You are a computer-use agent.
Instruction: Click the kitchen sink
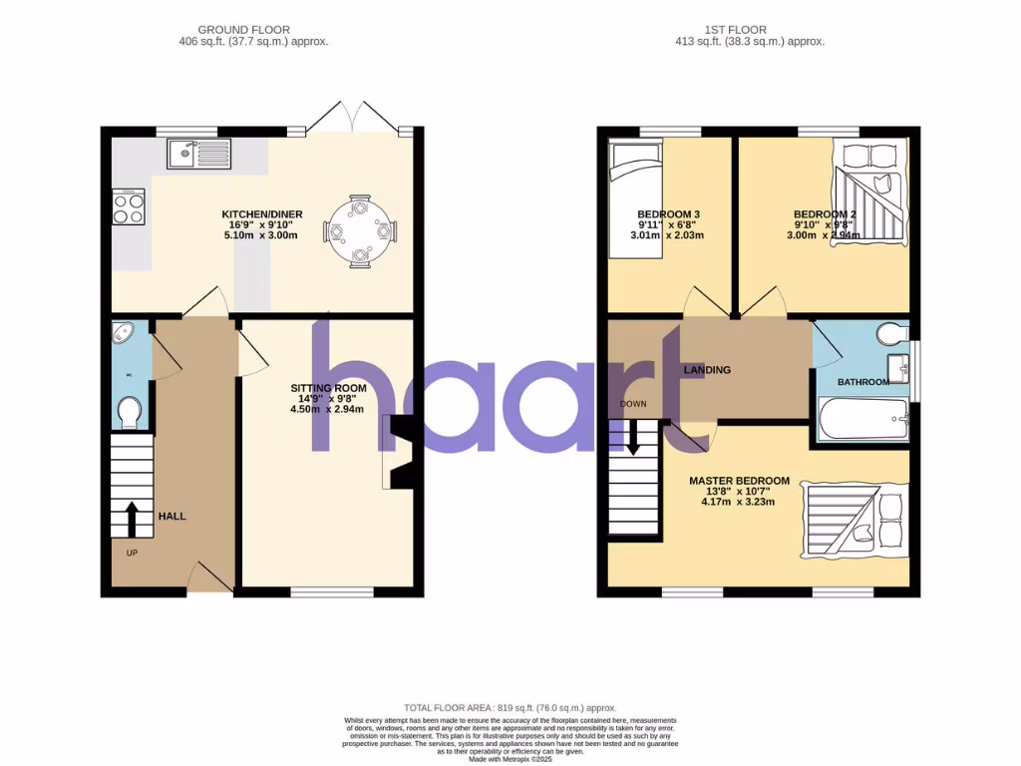(199, 154)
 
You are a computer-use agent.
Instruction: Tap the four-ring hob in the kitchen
(129, 206)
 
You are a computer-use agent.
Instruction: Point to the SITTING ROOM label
(328, 388)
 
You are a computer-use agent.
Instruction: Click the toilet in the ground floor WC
(129, 413)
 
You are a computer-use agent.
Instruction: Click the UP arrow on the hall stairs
(131, 520)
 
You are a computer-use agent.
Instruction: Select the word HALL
(171, 516)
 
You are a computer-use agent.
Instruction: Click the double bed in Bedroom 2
(870, 192)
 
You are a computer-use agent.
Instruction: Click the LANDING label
(707, 370)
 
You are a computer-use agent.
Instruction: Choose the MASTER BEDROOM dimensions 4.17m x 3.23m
(738, 502)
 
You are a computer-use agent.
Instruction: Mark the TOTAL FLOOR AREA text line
(510, 707)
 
